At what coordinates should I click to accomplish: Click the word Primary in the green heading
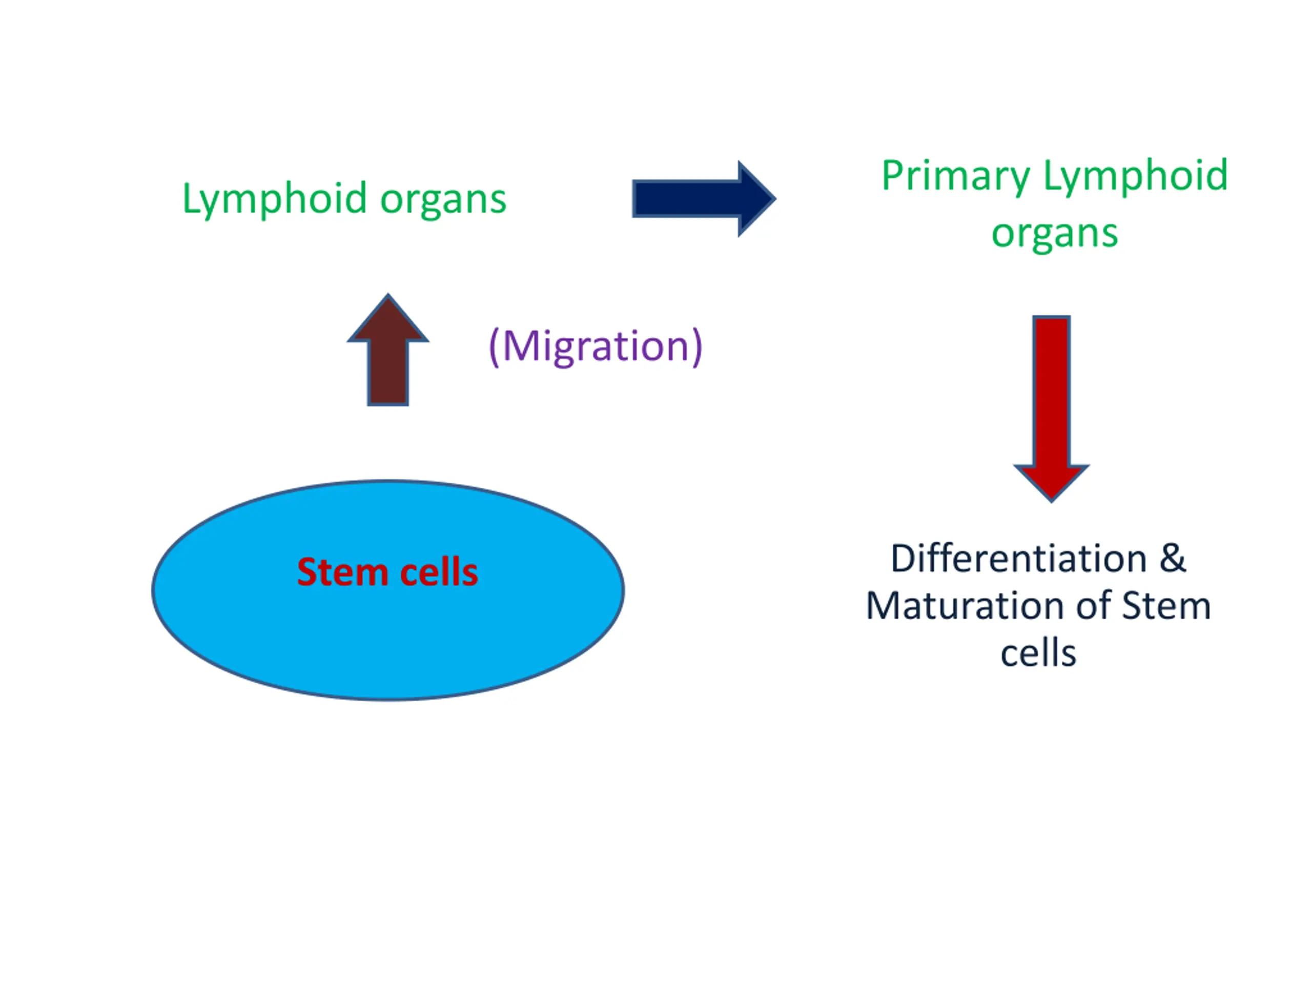[x=955, y=178]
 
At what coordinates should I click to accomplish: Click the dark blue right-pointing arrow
[x=704, y=199]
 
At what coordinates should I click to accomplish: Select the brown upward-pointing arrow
[x=388, y=350]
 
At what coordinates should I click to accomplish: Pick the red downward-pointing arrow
[x=1052, y=408]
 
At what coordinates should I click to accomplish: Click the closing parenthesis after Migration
[x=697, y=347]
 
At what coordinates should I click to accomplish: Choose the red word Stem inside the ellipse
[x=342, y=572]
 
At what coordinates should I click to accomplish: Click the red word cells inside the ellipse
[x=440, y=572]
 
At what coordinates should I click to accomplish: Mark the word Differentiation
[x=1019, y=559]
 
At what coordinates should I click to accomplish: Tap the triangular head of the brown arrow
[x=388, y=320]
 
